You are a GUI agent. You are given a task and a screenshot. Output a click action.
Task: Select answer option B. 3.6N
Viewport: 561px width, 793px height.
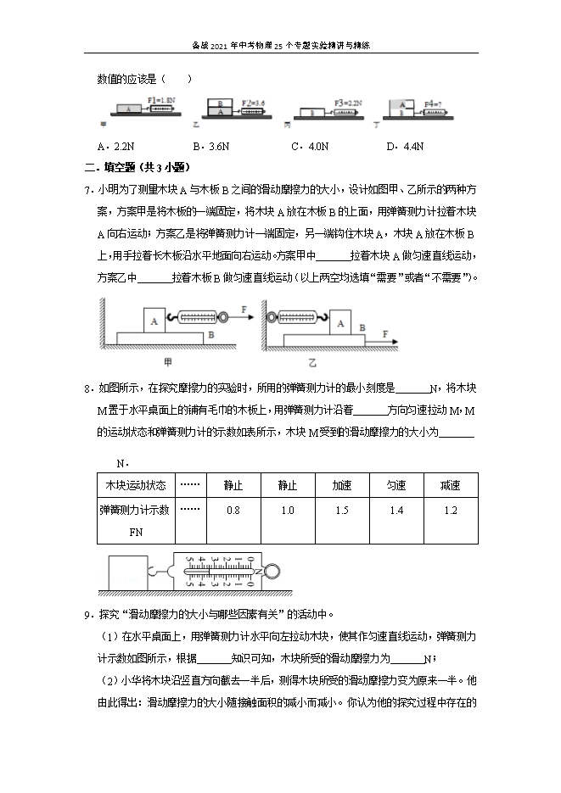click(211, 146)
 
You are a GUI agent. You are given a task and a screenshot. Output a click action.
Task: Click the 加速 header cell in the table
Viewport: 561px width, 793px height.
click(342, 485)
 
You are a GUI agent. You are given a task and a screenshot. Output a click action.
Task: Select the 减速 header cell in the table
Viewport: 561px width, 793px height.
click(450, 485)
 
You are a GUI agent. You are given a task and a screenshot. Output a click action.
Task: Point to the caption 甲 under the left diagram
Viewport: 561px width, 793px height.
click(167, 362)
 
